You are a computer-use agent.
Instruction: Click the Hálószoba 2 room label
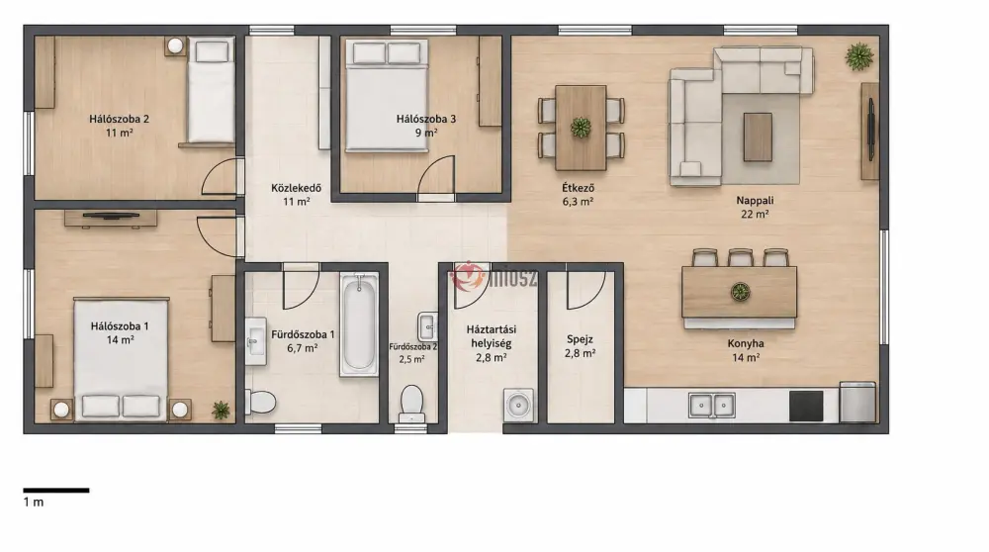(120, 119)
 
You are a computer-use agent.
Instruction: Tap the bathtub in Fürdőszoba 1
(359, 324)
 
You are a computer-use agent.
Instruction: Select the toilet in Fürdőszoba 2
(411, 404)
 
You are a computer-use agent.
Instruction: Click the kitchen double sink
(711, 405)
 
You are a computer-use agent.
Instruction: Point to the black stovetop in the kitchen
(806, 406)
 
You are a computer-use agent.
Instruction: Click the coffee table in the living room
(758, 137)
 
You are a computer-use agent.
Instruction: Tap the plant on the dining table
(581, 128)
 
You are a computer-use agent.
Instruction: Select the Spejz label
(580, 339)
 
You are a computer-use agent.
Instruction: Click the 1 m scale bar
(56, 491)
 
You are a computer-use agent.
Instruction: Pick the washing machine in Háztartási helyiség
(518, 405)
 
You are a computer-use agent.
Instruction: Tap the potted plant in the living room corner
(859, 56)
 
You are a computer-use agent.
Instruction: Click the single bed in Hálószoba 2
(211, 91)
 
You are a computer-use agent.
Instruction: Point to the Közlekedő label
(297, 187)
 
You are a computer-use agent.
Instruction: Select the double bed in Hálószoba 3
(387, 95)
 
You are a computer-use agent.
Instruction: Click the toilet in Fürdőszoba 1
(260, 402)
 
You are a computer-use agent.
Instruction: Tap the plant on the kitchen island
(740, 292)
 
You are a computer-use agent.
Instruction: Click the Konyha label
(746, 344)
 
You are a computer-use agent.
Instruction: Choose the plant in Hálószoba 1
(221, 411)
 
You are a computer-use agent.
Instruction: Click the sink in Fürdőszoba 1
(255, 341)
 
